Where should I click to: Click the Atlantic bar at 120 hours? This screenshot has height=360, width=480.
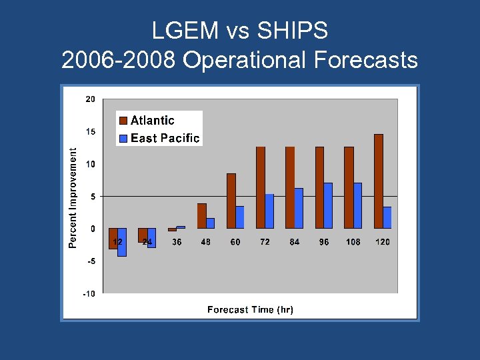pos(379,181)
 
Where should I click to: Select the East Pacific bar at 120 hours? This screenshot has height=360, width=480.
pos(387,217)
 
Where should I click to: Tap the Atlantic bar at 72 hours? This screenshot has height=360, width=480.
pos(261,187)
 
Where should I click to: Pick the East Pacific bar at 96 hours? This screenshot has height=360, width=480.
pos(328,205)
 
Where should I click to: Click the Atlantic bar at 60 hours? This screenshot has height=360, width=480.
pos(231,201)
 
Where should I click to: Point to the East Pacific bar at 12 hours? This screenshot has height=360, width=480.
pos(122,242)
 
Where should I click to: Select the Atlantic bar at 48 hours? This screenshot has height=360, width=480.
pos(202,216)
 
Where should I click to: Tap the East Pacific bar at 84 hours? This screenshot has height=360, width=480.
pos(299,208)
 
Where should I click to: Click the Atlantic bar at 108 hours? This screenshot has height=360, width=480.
pos(349,187)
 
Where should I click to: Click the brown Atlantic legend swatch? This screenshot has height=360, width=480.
pos(123,121)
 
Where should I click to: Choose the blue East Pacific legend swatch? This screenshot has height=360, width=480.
pos(123,139)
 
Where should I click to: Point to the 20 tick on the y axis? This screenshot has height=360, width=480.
pos(90,99)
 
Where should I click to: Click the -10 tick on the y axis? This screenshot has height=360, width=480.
pos(89,293)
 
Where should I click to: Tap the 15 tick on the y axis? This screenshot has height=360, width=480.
pos(90,132)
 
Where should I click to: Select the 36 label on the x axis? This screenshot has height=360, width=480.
pos(177,242)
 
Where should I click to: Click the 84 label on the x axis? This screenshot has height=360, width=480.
pos(294,242)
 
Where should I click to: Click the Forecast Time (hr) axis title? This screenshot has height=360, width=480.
pos(250,309)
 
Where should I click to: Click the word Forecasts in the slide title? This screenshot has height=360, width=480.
pos(365,60)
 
